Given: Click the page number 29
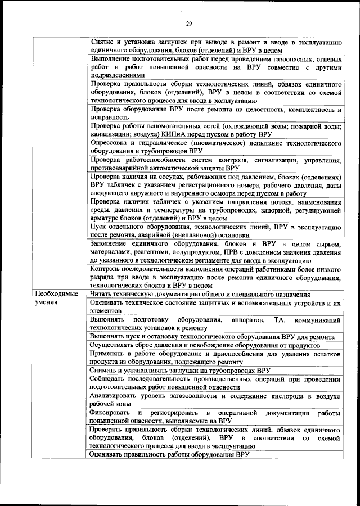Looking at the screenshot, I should tap(189, 23).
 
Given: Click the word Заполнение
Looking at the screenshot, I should tap(112, 243).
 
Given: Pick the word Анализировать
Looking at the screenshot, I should tap(118, 395).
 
